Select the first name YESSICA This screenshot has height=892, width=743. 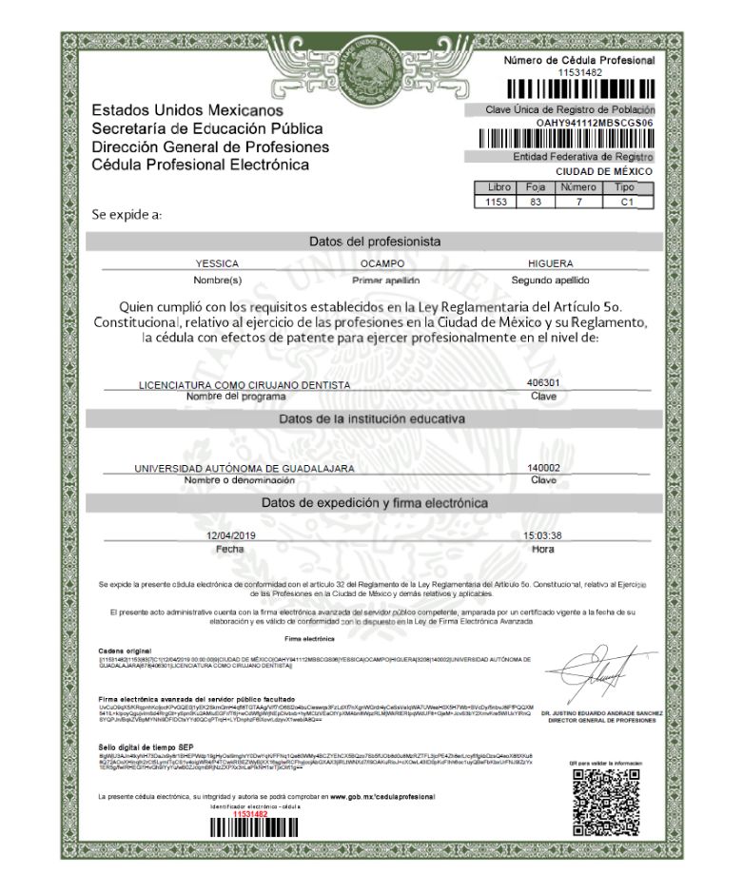coord(217,262)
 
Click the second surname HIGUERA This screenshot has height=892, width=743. coord(550,262)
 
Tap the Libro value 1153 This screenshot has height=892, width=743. coord(499,202)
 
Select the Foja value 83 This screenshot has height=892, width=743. coord(536,202)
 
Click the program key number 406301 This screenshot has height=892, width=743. coord(543,382)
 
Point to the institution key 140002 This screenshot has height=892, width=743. coord(543,467)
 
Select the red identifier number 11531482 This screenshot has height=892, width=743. coord(250,814)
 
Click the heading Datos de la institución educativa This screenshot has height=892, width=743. coord(372,419)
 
